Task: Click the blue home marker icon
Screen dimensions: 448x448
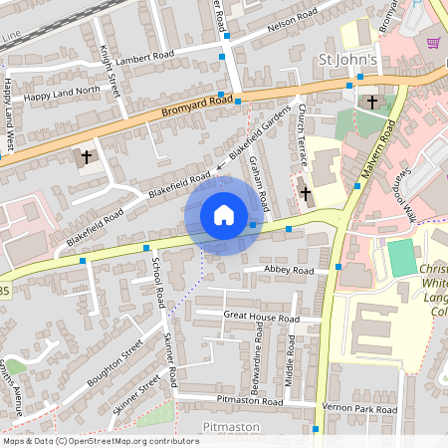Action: [x=224, y=215]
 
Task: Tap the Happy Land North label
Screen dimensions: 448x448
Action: [x=63, y=94]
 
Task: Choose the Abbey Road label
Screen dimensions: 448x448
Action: [x=290, y=270]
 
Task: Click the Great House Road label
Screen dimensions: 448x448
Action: [x=261, y=318]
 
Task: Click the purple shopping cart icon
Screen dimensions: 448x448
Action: [x=433, y=43]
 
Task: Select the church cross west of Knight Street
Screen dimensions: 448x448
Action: [x=87, y=157]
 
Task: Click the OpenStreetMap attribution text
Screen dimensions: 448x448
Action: [x=100, y=440]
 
